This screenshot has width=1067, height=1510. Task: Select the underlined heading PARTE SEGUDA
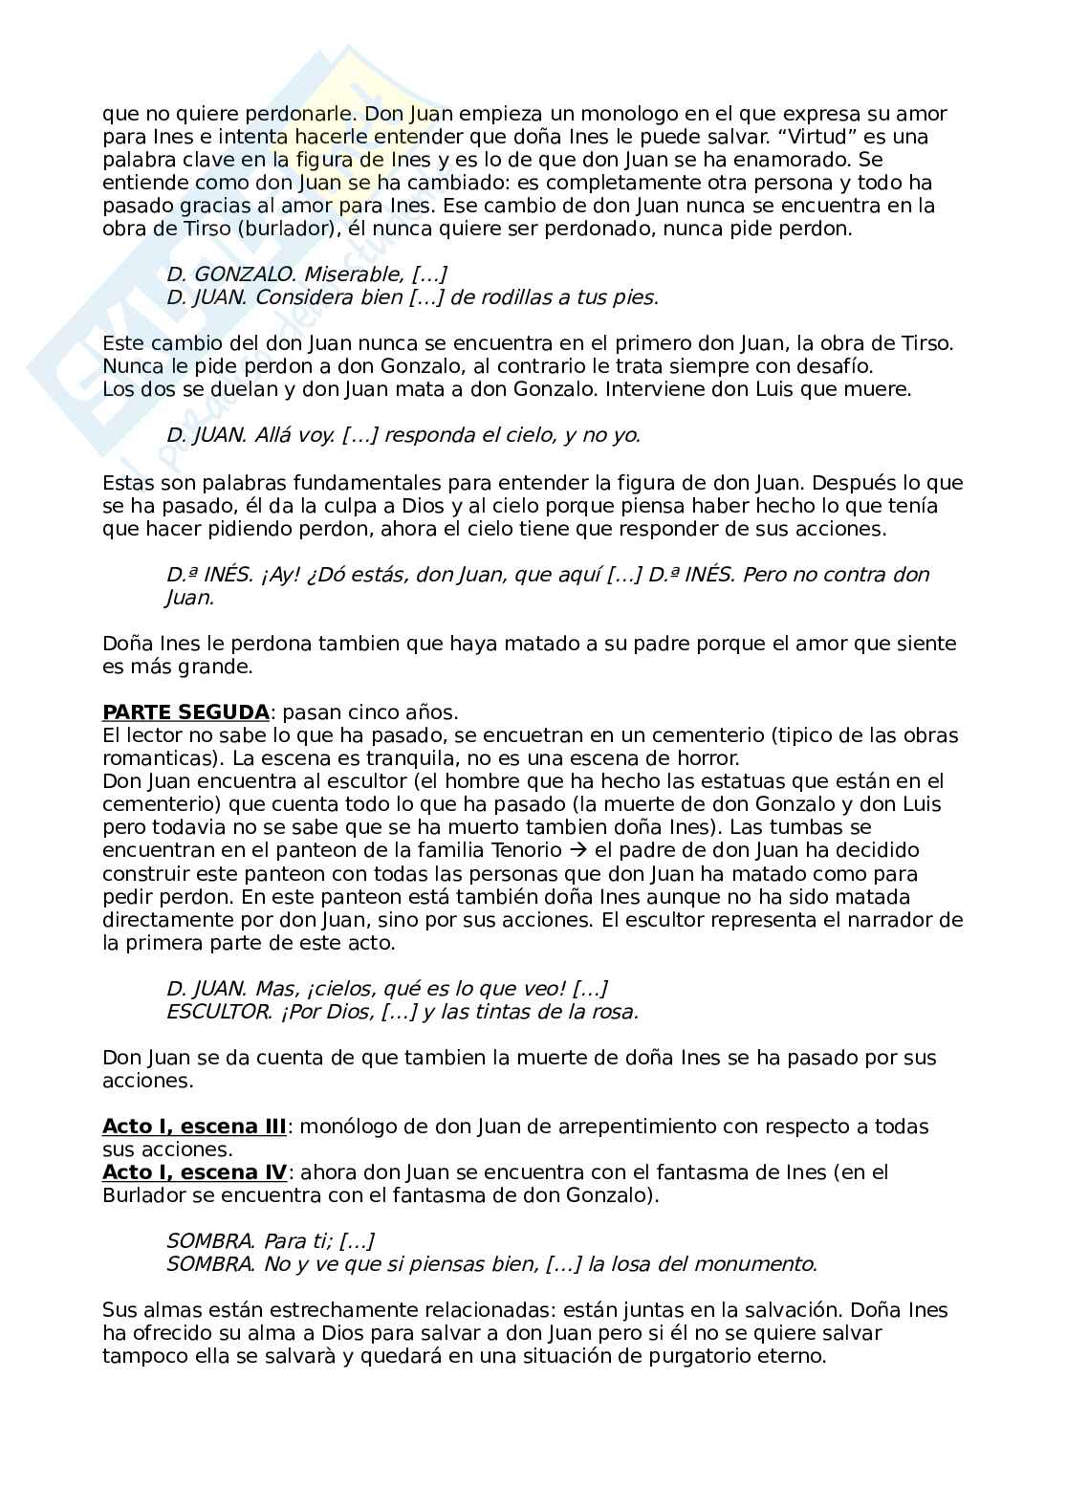coord(185,712)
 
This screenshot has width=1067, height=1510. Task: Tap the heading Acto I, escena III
coord(194,1127)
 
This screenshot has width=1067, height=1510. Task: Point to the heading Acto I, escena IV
coord(194,1172)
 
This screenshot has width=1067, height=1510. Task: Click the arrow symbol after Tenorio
coord(577,850)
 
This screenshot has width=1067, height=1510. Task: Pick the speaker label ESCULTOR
coord(218,1012)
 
